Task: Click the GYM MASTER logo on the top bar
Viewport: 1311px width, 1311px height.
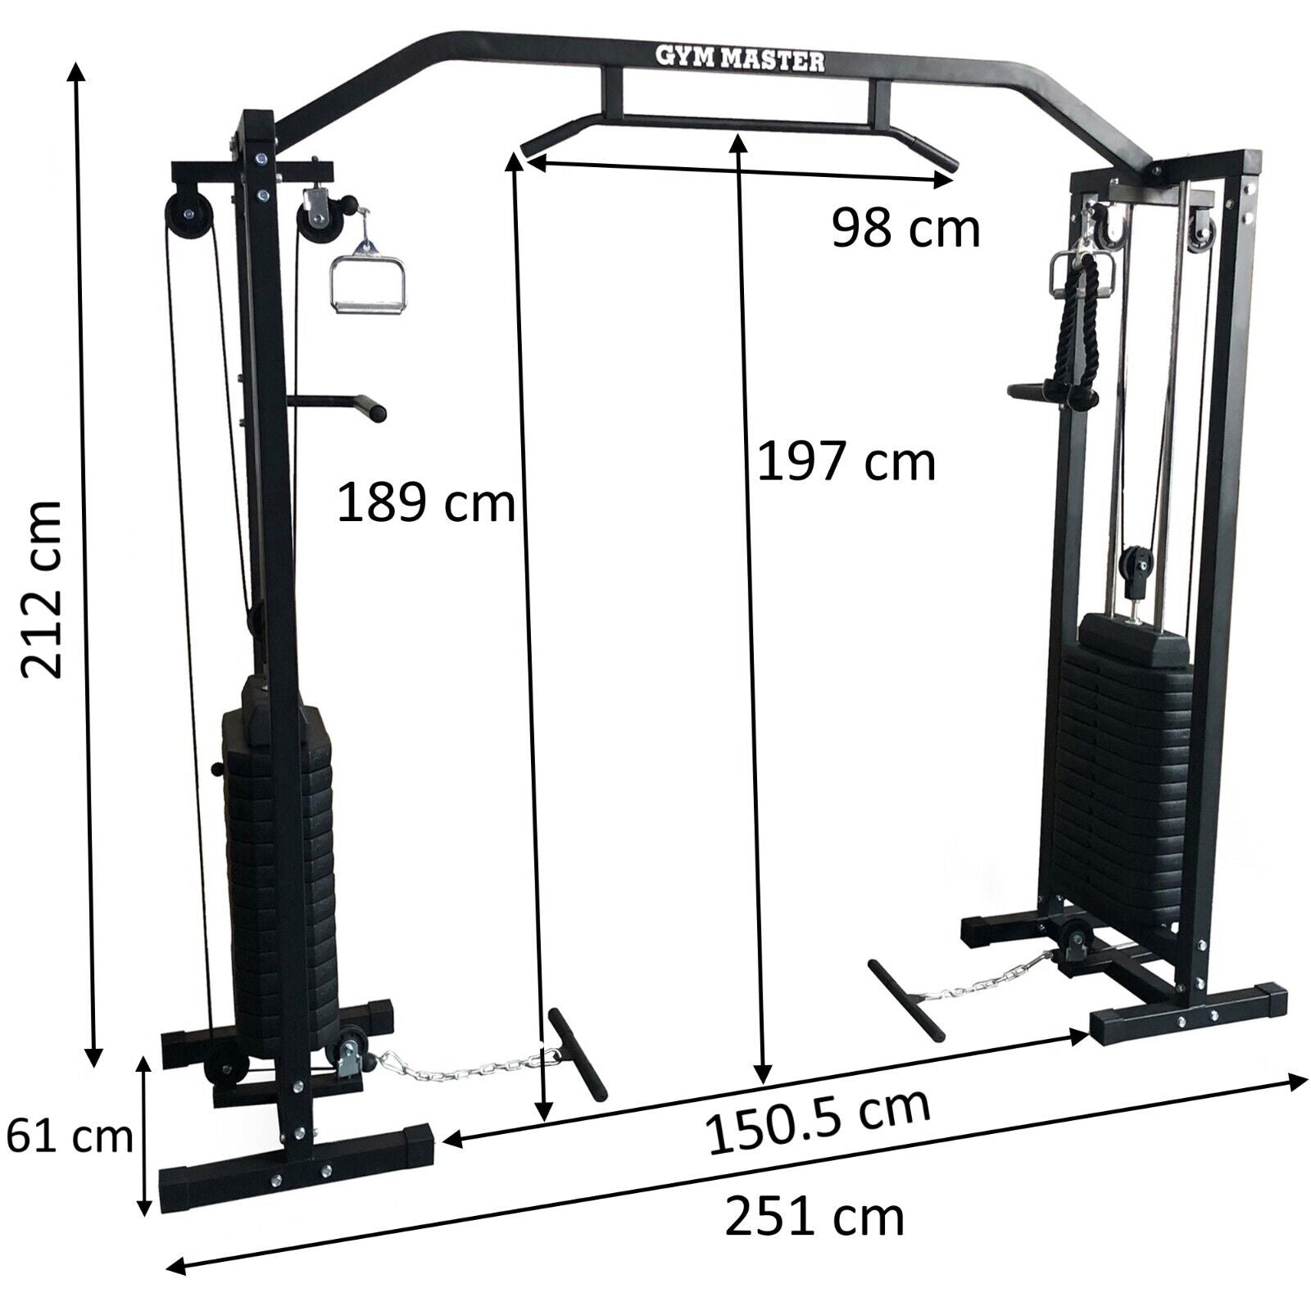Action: [x=741, y=59]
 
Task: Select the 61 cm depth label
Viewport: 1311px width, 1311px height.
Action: [x=69, y=1136]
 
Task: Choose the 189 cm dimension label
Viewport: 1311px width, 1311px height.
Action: [x=426, y=502]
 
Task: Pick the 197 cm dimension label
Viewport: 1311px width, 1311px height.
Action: [x=846, y=461]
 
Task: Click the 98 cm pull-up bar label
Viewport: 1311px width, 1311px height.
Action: [x=905, y=228]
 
